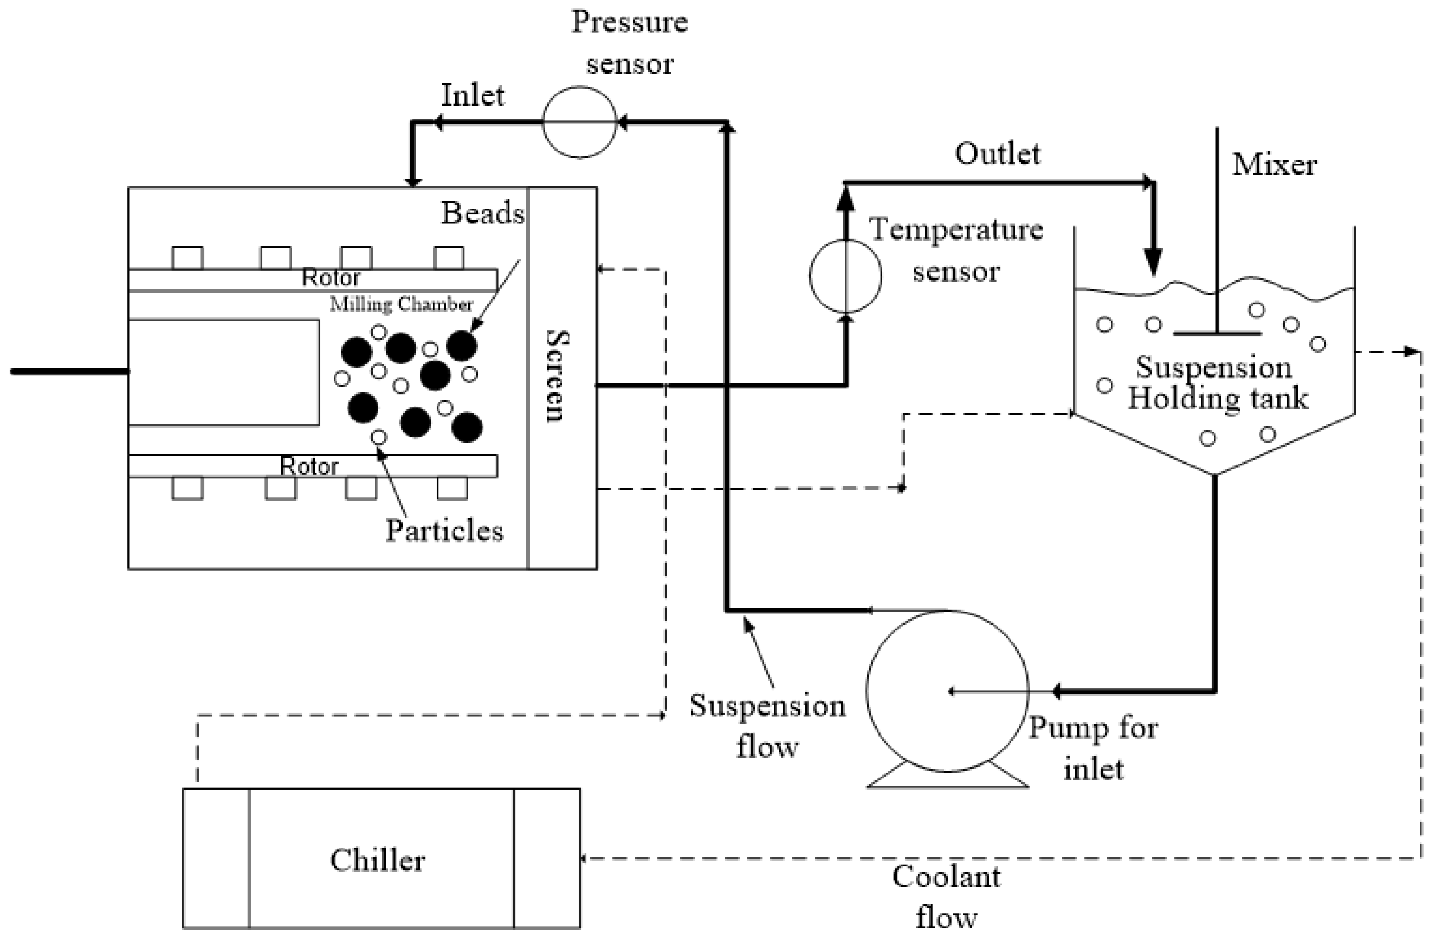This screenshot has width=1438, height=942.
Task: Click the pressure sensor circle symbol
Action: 579,122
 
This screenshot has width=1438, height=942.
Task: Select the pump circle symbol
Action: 947,691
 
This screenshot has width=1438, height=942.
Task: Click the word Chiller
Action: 378,860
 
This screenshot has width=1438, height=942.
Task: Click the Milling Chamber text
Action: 401,304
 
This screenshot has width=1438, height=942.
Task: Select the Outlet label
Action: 997,154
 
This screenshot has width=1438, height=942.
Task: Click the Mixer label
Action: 1274,165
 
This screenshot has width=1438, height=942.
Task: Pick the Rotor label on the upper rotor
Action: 330,278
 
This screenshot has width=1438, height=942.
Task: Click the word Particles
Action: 444,530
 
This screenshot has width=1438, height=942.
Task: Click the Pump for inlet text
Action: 1093,748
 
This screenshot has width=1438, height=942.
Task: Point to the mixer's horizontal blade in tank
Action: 1216,333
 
